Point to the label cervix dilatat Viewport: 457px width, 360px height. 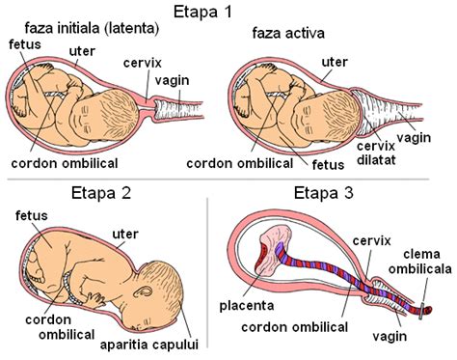coord(377,152)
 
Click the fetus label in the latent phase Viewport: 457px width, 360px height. coord(21,44)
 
